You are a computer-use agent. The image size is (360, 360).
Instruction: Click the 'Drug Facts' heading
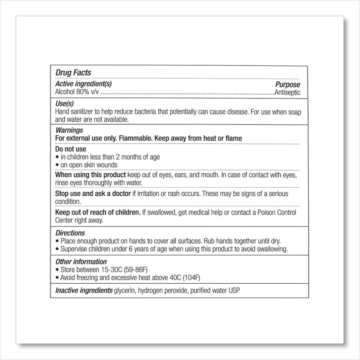(73, 73)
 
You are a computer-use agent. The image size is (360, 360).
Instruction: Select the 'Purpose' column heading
(287, 85)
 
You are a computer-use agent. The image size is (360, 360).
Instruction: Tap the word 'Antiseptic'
(287, 93)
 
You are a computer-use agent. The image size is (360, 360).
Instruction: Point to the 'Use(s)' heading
(65, 104)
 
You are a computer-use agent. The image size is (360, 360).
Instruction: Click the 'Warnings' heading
(69, 130)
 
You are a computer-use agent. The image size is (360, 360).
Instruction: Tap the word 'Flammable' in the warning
(133, 139)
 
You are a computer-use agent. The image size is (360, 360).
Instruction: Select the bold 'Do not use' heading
(71, 149)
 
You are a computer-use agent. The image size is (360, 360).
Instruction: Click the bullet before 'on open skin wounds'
(57, 165)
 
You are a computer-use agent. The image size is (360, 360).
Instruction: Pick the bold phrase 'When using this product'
(91, 175)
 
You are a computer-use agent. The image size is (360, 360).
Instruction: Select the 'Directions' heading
(70, 233)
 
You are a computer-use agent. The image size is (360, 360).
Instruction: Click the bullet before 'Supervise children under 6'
(57, 250)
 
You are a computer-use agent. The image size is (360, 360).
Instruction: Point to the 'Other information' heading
(81, 262)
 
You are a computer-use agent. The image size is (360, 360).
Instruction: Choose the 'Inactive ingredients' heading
(84, 291)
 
